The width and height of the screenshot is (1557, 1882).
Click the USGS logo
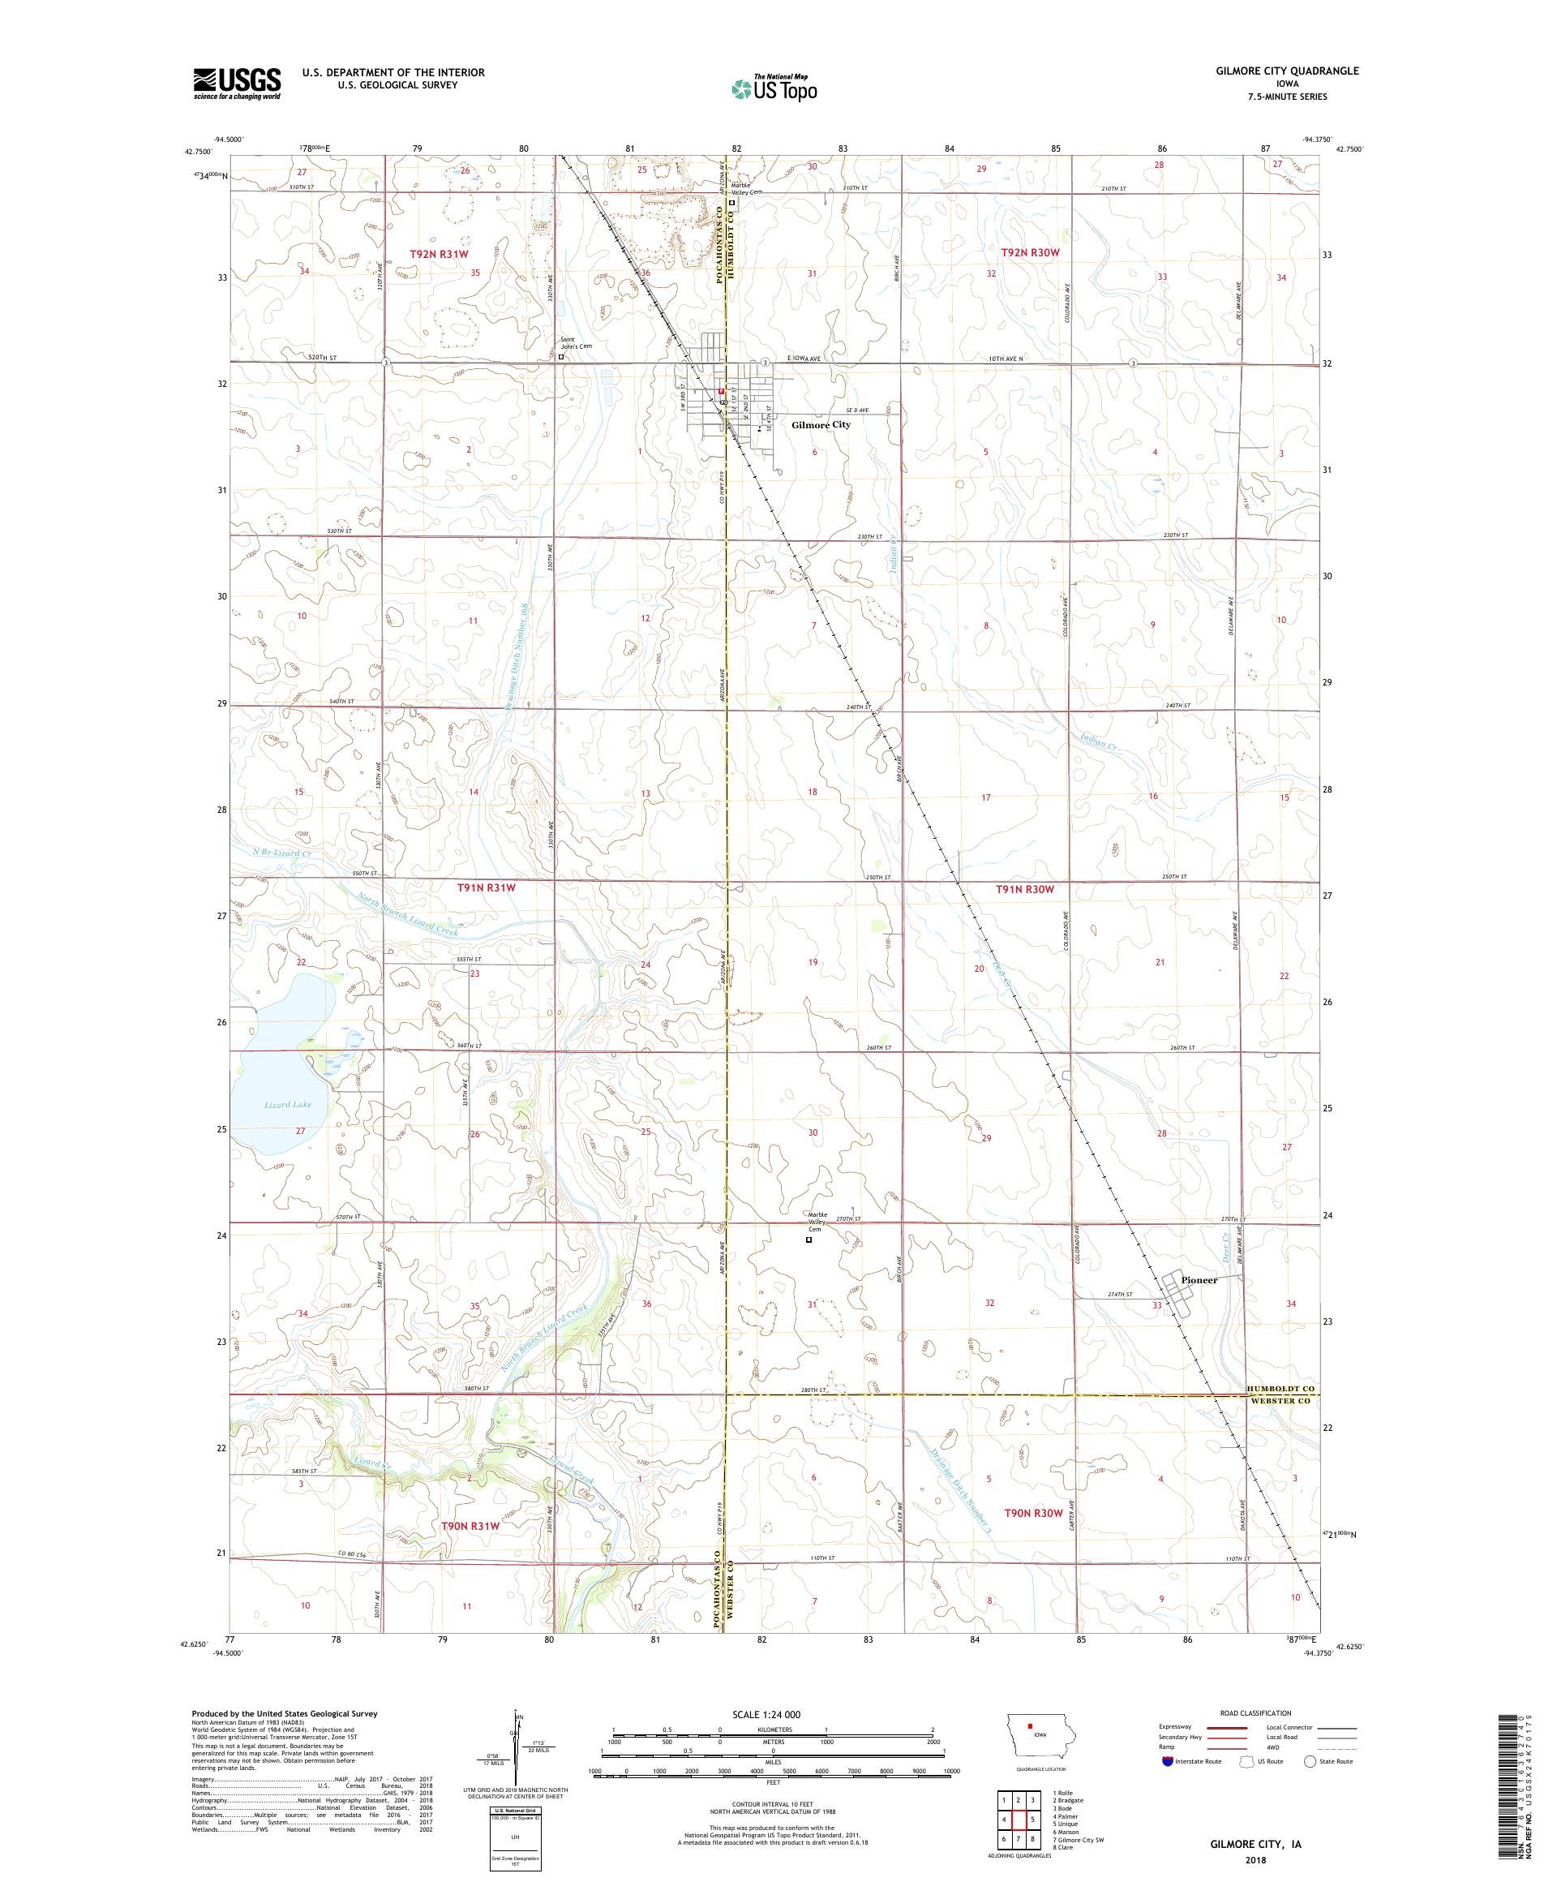point(237,84)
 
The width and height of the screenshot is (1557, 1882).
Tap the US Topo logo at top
point(774,88)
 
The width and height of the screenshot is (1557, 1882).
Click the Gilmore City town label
point(821,425)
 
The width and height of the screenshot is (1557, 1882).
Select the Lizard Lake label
point(288,1105)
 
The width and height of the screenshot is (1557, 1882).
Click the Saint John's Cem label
point(576,342)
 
